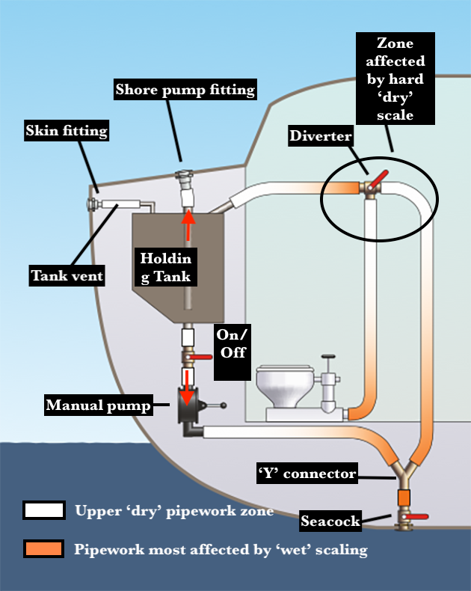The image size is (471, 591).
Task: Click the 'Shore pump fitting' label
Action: click(185, 91)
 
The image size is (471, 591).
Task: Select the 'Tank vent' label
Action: click(67, 275)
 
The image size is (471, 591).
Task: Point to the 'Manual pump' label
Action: click(98, 405)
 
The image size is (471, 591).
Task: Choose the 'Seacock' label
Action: click(330, 521)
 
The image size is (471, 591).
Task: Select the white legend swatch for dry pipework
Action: click(44, 511)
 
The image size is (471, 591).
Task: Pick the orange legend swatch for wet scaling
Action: click(44, 549)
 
